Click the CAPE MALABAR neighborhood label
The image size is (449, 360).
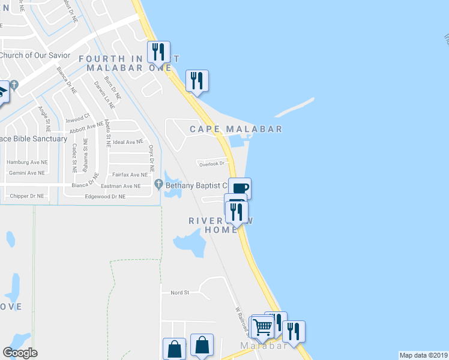(236, 129)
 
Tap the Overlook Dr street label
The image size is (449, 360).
(212, 163)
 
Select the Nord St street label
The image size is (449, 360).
(179, 293)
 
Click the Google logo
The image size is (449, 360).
(20, 353)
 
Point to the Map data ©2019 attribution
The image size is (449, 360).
(424, 355)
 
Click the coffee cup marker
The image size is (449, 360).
(239, 188)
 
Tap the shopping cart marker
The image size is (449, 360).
(262, 328)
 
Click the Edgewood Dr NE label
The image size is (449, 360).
(105, 196)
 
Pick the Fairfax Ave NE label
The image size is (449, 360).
(130, 175)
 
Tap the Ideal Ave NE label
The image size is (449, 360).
(128, 142)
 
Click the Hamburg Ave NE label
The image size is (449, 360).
(27, 163)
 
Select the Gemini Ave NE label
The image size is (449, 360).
(26, 173)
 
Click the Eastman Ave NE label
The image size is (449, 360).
(121, 186)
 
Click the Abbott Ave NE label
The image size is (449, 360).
(86, 128)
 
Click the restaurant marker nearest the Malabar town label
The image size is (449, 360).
(294, 331)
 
